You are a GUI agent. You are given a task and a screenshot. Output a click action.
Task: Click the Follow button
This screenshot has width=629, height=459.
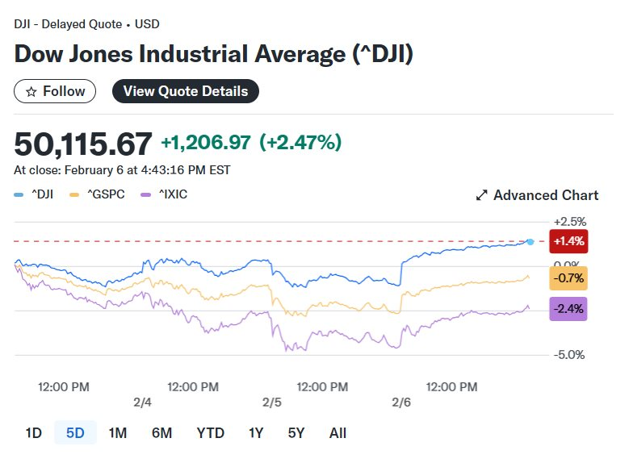coord(55,91)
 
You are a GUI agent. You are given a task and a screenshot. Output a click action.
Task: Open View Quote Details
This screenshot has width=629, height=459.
coord(185,91)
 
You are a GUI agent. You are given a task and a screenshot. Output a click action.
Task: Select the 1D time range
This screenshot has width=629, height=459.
coord(33,432)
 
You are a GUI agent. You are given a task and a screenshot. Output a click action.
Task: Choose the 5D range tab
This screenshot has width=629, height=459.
coord(75,432)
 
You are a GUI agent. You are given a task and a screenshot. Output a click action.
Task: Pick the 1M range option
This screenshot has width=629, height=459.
coord(118,432)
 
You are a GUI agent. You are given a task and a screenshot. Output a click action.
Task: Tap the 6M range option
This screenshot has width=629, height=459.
coord(161,432)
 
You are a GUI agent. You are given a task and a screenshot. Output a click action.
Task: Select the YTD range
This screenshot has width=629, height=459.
coord(211,432)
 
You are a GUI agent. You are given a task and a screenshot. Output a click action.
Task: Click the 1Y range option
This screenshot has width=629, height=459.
coord(256,432)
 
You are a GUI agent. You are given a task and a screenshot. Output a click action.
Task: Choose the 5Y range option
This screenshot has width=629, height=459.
coord(296,432)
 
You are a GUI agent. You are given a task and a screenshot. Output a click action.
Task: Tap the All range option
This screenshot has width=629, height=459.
coord(338,432)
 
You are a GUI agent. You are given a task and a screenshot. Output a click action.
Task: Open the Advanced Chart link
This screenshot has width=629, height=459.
coord(537,195)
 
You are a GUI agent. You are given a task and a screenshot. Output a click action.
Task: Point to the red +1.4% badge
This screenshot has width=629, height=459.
coord(568,240)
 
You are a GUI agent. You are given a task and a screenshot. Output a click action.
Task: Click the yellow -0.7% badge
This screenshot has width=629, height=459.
coord(568,278)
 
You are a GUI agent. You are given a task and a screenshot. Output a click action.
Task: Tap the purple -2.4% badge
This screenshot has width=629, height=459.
coord(568,308)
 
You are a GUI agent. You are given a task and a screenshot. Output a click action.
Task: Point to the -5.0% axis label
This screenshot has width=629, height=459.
coord(569,354)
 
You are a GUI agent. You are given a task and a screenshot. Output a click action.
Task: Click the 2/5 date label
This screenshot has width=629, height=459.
coord(272,402)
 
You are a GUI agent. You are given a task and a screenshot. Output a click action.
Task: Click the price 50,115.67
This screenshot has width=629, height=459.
coord(83,144)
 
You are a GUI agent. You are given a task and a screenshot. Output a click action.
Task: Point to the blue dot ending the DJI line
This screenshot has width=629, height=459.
coord(530,241)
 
